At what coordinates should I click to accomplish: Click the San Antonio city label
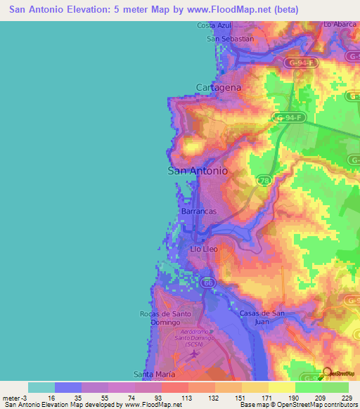point(198,170)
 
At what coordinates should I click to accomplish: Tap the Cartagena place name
point(218,88)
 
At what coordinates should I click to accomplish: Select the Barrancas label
point(198,211)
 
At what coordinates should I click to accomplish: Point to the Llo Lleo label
point(205,249)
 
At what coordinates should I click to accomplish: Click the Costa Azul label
point(214,25)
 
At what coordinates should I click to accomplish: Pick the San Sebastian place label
point(230,39)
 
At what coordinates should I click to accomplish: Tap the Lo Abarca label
point(340,24)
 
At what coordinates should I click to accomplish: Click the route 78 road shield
point(264,181)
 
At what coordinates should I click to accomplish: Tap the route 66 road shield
point(206,283)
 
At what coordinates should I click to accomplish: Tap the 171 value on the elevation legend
point(268,397)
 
